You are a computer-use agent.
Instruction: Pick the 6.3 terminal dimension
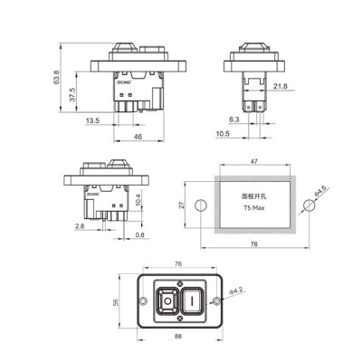click(x=234, y=119)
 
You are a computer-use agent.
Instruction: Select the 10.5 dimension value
click(x=222, y=134)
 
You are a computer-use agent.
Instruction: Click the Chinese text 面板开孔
click(x=253, y=195)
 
